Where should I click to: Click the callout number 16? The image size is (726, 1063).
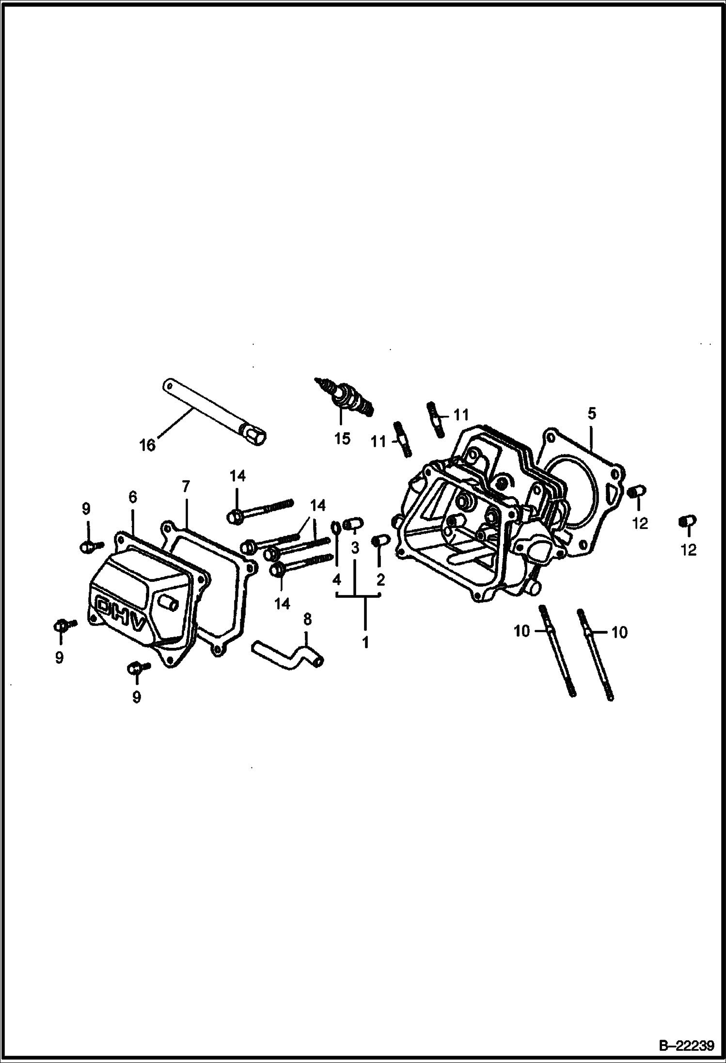(x=147, y=445)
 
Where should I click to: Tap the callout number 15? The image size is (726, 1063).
(x=342, y=438)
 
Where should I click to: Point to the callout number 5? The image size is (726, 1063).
(x=591, y=414)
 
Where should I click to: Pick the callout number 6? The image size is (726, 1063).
(x=133, y=497)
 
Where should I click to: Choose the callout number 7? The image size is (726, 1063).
(x=186, y=486)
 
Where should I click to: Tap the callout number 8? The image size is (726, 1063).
(x=307, y=619)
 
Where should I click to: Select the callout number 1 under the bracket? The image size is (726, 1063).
(x=365, y=642)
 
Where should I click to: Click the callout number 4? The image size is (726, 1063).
(x=337, y=579)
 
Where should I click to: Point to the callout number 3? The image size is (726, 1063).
(x=355, y=548)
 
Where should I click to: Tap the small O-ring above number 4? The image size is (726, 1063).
(x=336, y=526)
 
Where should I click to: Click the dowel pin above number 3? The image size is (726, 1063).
(x=353, y=524)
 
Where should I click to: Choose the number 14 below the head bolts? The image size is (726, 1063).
(x=282, y=603)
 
